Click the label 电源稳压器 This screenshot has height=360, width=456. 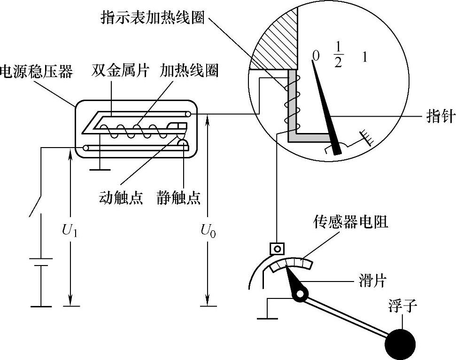(x=37, y=72)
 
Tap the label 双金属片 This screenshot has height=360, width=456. (x=120, y=71)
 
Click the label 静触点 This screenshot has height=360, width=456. (x=179, y=197)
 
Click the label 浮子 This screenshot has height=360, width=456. (x=402, y=308)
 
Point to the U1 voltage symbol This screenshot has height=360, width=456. (x=70, y=230)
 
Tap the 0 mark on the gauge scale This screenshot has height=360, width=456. (x=316, y=56)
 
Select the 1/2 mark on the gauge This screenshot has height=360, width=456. (x=338, y=55)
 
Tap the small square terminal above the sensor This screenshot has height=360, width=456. (x=278, y=248)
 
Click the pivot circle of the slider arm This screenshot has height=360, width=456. (x=299, y=294)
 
